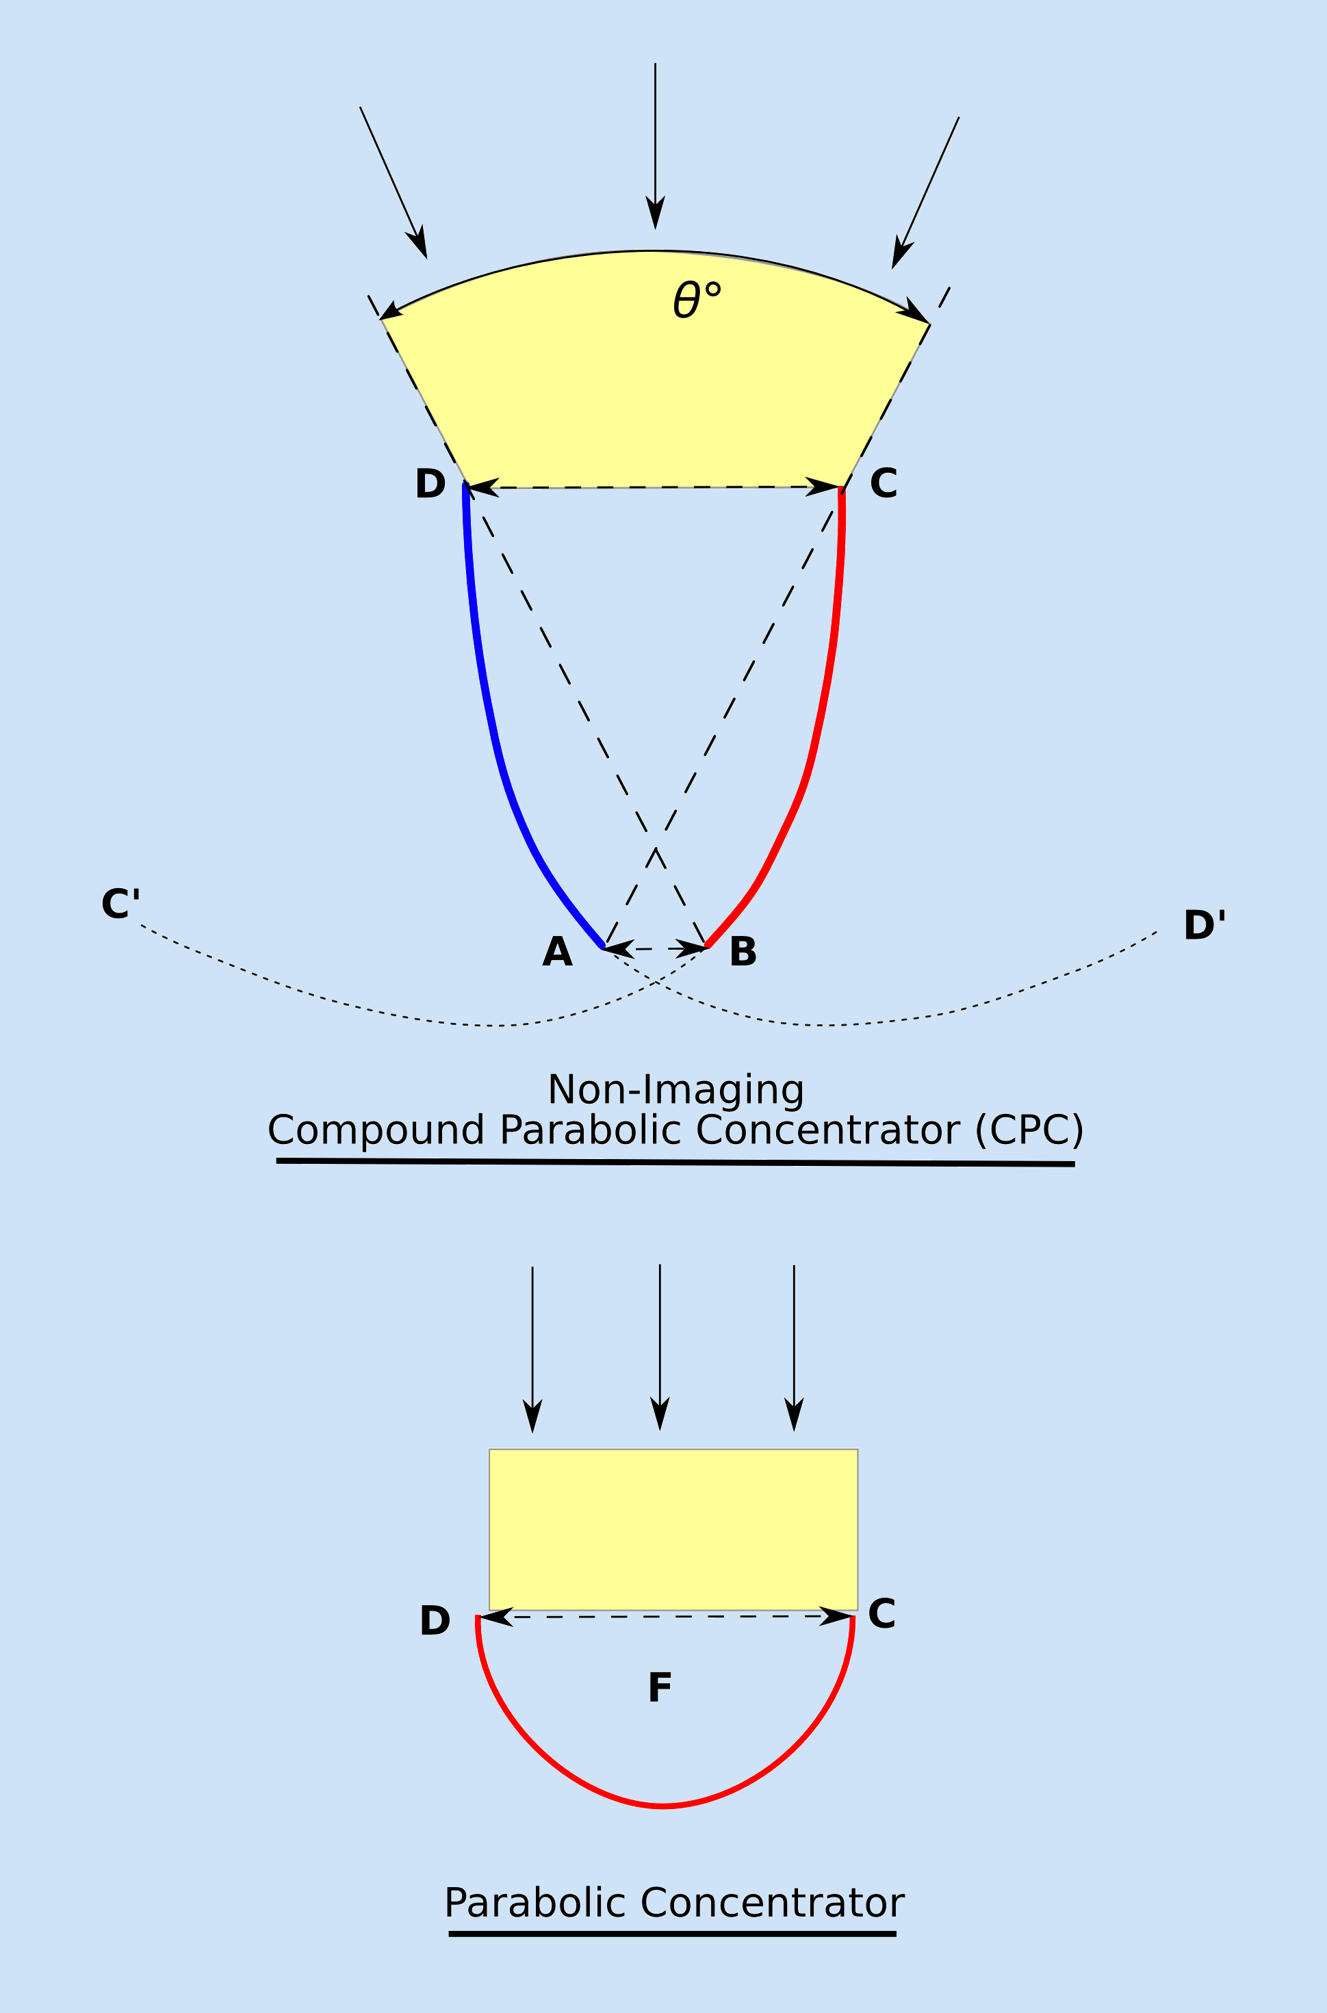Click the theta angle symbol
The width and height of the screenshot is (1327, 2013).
687,300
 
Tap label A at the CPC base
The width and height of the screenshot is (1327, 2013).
557,952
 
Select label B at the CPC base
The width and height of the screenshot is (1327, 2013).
743,951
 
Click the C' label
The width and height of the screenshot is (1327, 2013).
120,904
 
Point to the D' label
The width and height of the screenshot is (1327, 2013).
1203,925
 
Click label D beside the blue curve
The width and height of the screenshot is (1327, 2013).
430,484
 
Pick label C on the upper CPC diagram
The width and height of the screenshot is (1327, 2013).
883,483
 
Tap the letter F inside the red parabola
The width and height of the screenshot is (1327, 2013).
659,1687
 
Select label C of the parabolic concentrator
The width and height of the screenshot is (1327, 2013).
881,1613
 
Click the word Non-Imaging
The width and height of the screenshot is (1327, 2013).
675,1090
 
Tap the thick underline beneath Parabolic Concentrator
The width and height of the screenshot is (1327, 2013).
672,1934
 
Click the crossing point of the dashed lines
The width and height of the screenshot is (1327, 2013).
656,847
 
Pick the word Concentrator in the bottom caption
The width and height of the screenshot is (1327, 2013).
772,1903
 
